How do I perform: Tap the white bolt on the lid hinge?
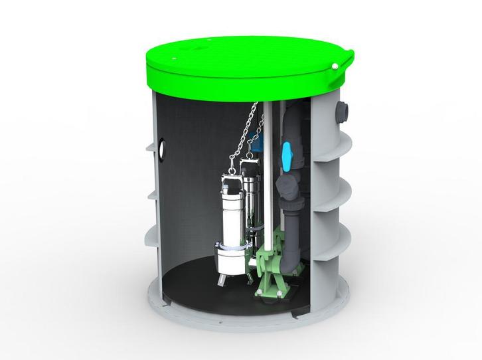pyautogui.click(x=336, y=66)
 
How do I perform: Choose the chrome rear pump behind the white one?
pyautogui.click(x=251, y=199)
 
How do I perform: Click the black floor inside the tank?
pyautogui.click(x=199, y=292)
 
